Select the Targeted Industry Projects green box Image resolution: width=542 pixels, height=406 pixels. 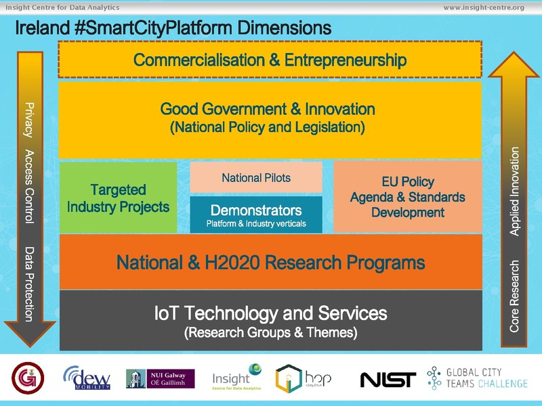118,198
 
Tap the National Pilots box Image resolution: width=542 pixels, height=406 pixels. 256,178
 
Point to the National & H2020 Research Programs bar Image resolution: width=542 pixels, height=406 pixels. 270,262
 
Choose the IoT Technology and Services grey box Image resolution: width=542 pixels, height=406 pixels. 270,321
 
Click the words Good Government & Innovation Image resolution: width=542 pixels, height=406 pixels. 267,109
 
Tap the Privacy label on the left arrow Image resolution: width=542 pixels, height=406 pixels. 28,120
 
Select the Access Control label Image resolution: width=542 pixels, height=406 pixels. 28,186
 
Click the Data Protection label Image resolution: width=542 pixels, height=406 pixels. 28,284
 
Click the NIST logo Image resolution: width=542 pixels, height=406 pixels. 388,380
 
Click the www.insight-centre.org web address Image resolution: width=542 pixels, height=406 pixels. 483,7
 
